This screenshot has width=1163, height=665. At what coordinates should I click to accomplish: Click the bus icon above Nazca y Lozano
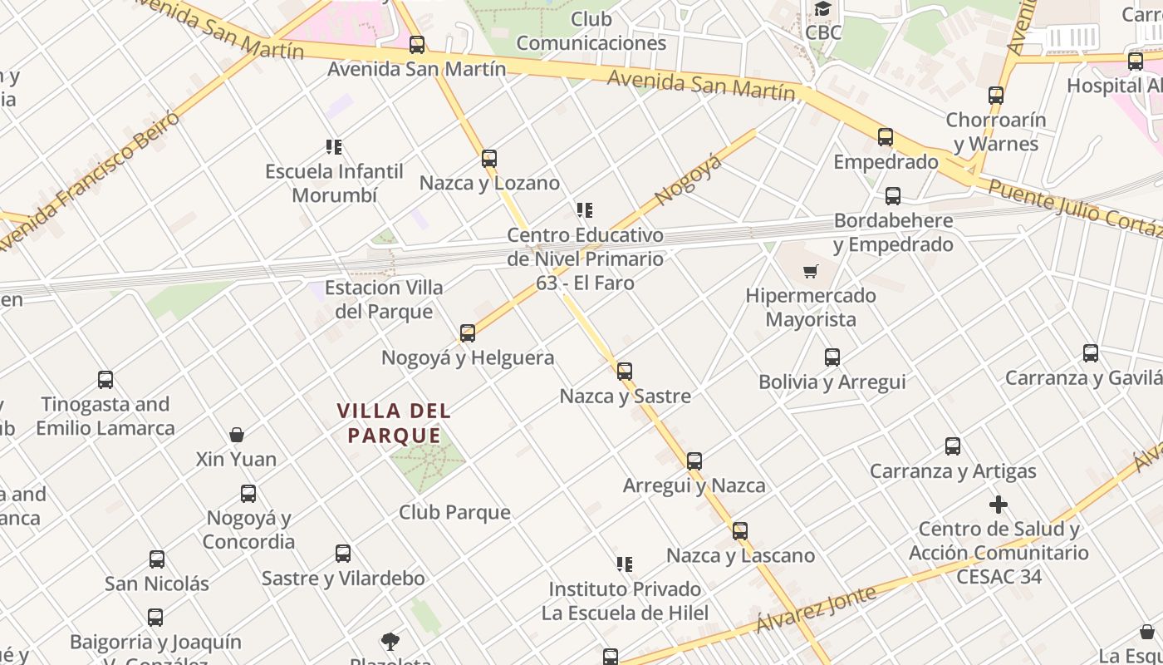pos(489,158)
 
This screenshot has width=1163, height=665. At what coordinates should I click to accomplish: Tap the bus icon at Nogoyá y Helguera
pos(468,333)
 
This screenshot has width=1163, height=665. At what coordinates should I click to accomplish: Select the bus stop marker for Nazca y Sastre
pos(625,371)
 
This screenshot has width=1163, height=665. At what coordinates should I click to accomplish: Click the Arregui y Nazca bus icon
pos(694,461)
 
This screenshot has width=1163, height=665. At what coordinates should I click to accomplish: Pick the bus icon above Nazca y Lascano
pos(740,530)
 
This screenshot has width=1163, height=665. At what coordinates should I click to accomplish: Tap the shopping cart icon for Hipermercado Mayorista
pos(811,271)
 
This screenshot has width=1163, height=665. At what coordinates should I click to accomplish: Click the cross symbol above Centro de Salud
pos(999,505)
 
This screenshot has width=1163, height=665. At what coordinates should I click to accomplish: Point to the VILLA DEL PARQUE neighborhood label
pos(394,422)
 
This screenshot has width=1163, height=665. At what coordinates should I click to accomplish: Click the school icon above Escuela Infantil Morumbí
pos(334,147)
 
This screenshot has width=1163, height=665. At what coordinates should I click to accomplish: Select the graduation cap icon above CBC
pos(822,9)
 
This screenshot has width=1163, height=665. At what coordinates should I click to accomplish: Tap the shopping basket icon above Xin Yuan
pos(237,435)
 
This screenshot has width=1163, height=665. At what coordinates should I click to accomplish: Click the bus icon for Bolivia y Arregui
pos(832,357)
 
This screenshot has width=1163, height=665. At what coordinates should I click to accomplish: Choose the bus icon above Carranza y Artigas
pos(953,446)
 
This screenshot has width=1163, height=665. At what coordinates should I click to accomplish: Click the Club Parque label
pos(454,512)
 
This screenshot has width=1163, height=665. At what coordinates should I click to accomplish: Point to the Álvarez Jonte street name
pos(816,610)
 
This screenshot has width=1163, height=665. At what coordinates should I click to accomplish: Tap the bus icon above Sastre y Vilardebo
pos(343,554)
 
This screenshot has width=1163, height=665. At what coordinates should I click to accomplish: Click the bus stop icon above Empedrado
pos(886,137)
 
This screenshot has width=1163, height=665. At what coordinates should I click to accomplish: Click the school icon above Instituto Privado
pos(625,564)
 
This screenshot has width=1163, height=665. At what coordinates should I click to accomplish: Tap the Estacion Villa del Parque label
pos(384,299)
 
